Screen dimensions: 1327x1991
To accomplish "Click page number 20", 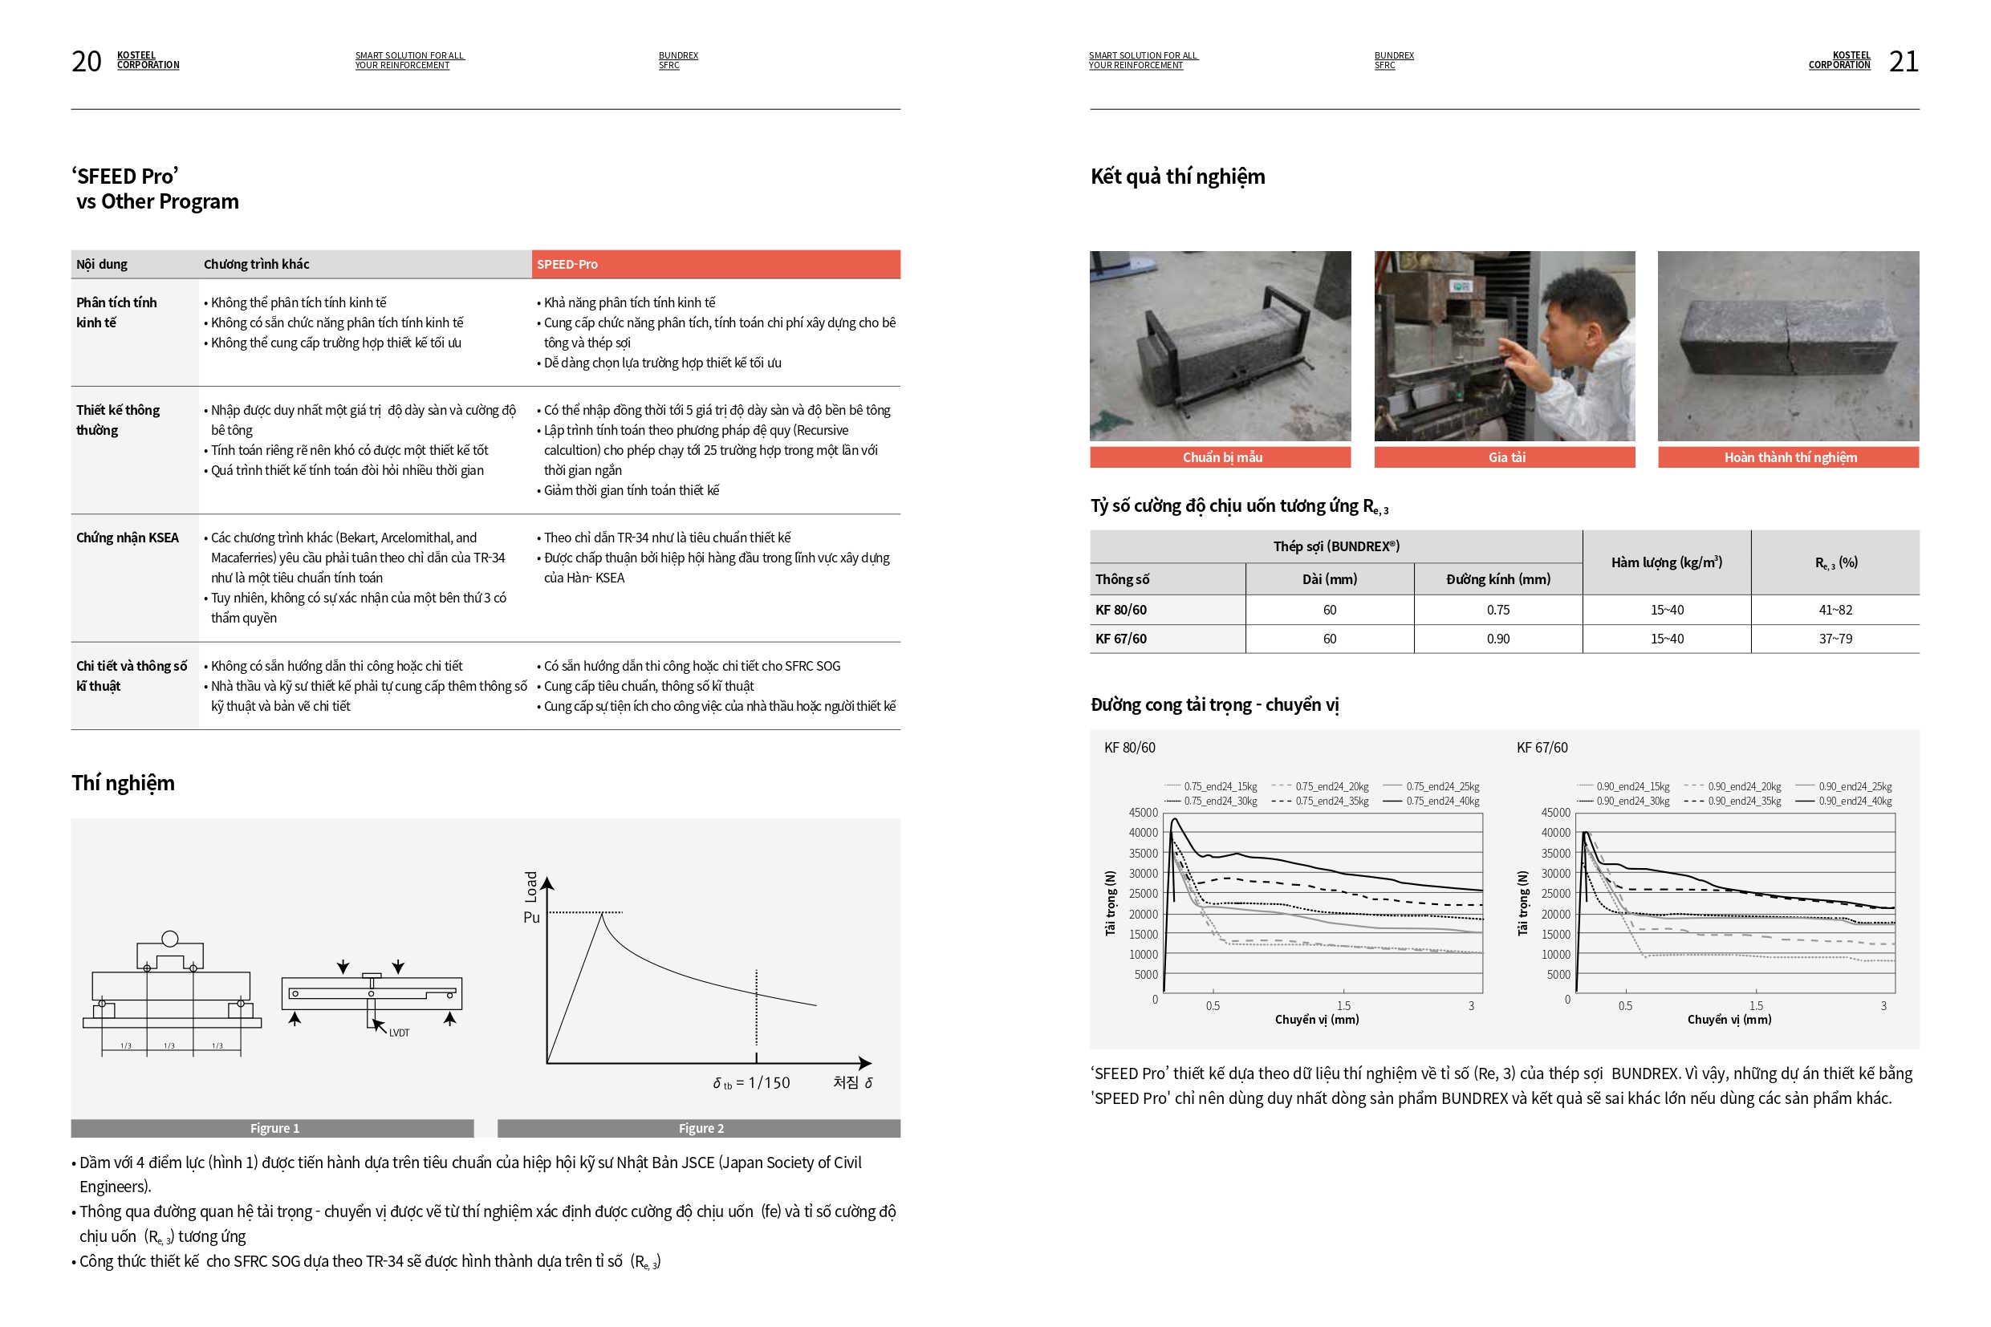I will (x=86, y=61).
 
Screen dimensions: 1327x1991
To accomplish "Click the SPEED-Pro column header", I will (x=567, y=264).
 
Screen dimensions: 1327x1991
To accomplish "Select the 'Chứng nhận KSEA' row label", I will (x=127, y=538).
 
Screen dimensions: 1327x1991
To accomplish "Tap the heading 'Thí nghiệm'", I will (x=123, y=783).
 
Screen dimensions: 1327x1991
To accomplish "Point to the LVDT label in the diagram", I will (x=399, y=1033).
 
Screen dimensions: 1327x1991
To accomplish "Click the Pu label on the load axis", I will (x=530, y=917).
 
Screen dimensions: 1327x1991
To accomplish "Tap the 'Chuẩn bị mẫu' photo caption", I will (x=1221, y=457).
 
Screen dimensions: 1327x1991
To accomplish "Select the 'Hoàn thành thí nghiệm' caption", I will (x=1790, y=457).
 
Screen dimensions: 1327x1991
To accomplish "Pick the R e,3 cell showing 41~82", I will (x=1835, y=609).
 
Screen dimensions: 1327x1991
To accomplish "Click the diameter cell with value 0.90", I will (x=1497, y=639).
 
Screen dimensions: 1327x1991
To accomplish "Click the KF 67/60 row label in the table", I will (x=1121, y=639).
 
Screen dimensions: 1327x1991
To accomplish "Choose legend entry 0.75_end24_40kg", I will (x=1441, y=801).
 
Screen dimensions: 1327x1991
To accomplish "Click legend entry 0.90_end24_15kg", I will (x=1631, y=786).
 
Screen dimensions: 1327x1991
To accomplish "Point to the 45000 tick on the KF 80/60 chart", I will (x=1143, y=813).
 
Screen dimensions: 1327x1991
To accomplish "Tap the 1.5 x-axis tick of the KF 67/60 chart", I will (x=1756, y=1005).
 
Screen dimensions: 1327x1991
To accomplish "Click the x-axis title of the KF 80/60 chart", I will (x=1316, y=1019).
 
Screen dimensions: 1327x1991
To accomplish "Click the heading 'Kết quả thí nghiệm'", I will (x=1176, y=176).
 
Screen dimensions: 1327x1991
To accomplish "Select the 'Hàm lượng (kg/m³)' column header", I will (x=1666, y=562).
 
